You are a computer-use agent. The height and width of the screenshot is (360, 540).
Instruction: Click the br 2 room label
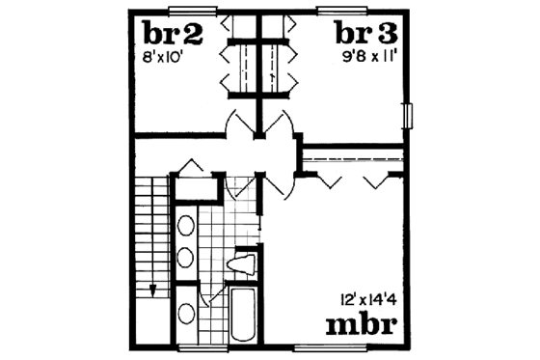pyautogui.click(x=174, y=36)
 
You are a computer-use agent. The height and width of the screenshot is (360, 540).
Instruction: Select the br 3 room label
pyautogui.click(x=365, y=36)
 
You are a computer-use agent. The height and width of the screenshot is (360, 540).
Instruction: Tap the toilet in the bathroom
pyautogui.click(x=242, y=263)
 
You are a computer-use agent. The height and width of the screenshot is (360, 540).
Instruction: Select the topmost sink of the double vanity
pyautogui.click(x=185, y=229)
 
